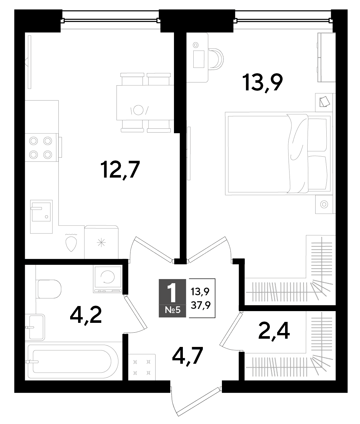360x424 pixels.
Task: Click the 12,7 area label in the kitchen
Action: (120, 170)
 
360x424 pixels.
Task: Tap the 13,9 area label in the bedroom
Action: (263, 83)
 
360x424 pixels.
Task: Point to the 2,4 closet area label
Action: (274, 333)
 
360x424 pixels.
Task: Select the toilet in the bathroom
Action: (49, 289)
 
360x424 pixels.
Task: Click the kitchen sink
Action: (41, 217)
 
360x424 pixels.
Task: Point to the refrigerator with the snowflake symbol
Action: (101, 242)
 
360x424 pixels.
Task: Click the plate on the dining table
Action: (138, 110)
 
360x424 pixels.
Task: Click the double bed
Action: (279, 153)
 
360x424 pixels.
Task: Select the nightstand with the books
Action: (324, 102)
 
